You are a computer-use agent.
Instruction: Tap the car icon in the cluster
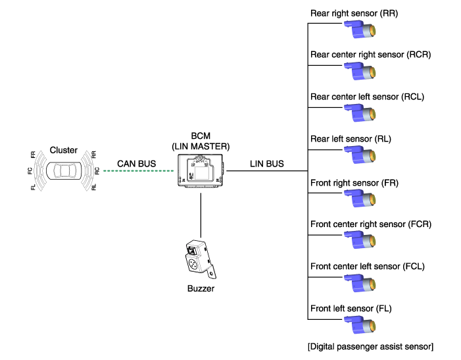[x=63, y=170]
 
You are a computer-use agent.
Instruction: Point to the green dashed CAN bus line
[x=139, y=172]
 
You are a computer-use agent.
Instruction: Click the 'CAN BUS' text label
[x=135, y=163]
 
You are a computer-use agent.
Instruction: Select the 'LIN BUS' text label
[x=267, y=163]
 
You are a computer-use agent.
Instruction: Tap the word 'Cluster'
[x=63, y=150]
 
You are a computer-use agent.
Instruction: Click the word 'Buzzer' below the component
[x=201, y=288]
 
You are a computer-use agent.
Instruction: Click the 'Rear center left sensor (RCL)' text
[x=367, y=97]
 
